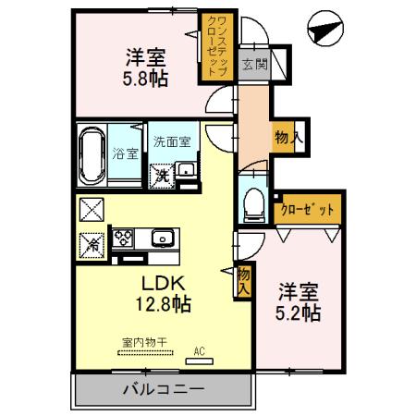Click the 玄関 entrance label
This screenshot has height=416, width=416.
[255, 65]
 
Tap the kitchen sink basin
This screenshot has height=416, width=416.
[164, 239]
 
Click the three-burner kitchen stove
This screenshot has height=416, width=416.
[123, 239]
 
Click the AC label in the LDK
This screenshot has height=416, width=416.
[197, 351]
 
